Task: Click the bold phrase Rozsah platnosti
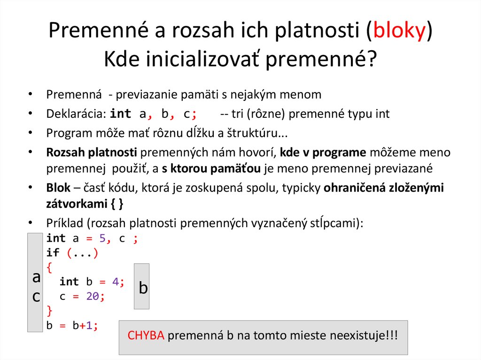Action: [x=92, y=153]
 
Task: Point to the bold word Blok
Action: [x=58, y=188]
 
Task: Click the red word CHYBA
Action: [x=146, y=336]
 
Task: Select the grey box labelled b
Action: [x=142, y=286]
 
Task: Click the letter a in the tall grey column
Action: [x=36, y=277]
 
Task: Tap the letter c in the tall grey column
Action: [x=36, y=296]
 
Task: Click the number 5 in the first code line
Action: [x=102, y=238]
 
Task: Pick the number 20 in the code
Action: [x=92, y=297]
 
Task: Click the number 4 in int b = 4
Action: [x=116, y=282]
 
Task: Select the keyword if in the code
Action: [x=53, y=253]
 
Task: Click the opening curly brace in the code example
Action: [x=50, y=268]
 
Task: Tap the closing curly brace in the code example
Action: [x=50, y=310]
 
